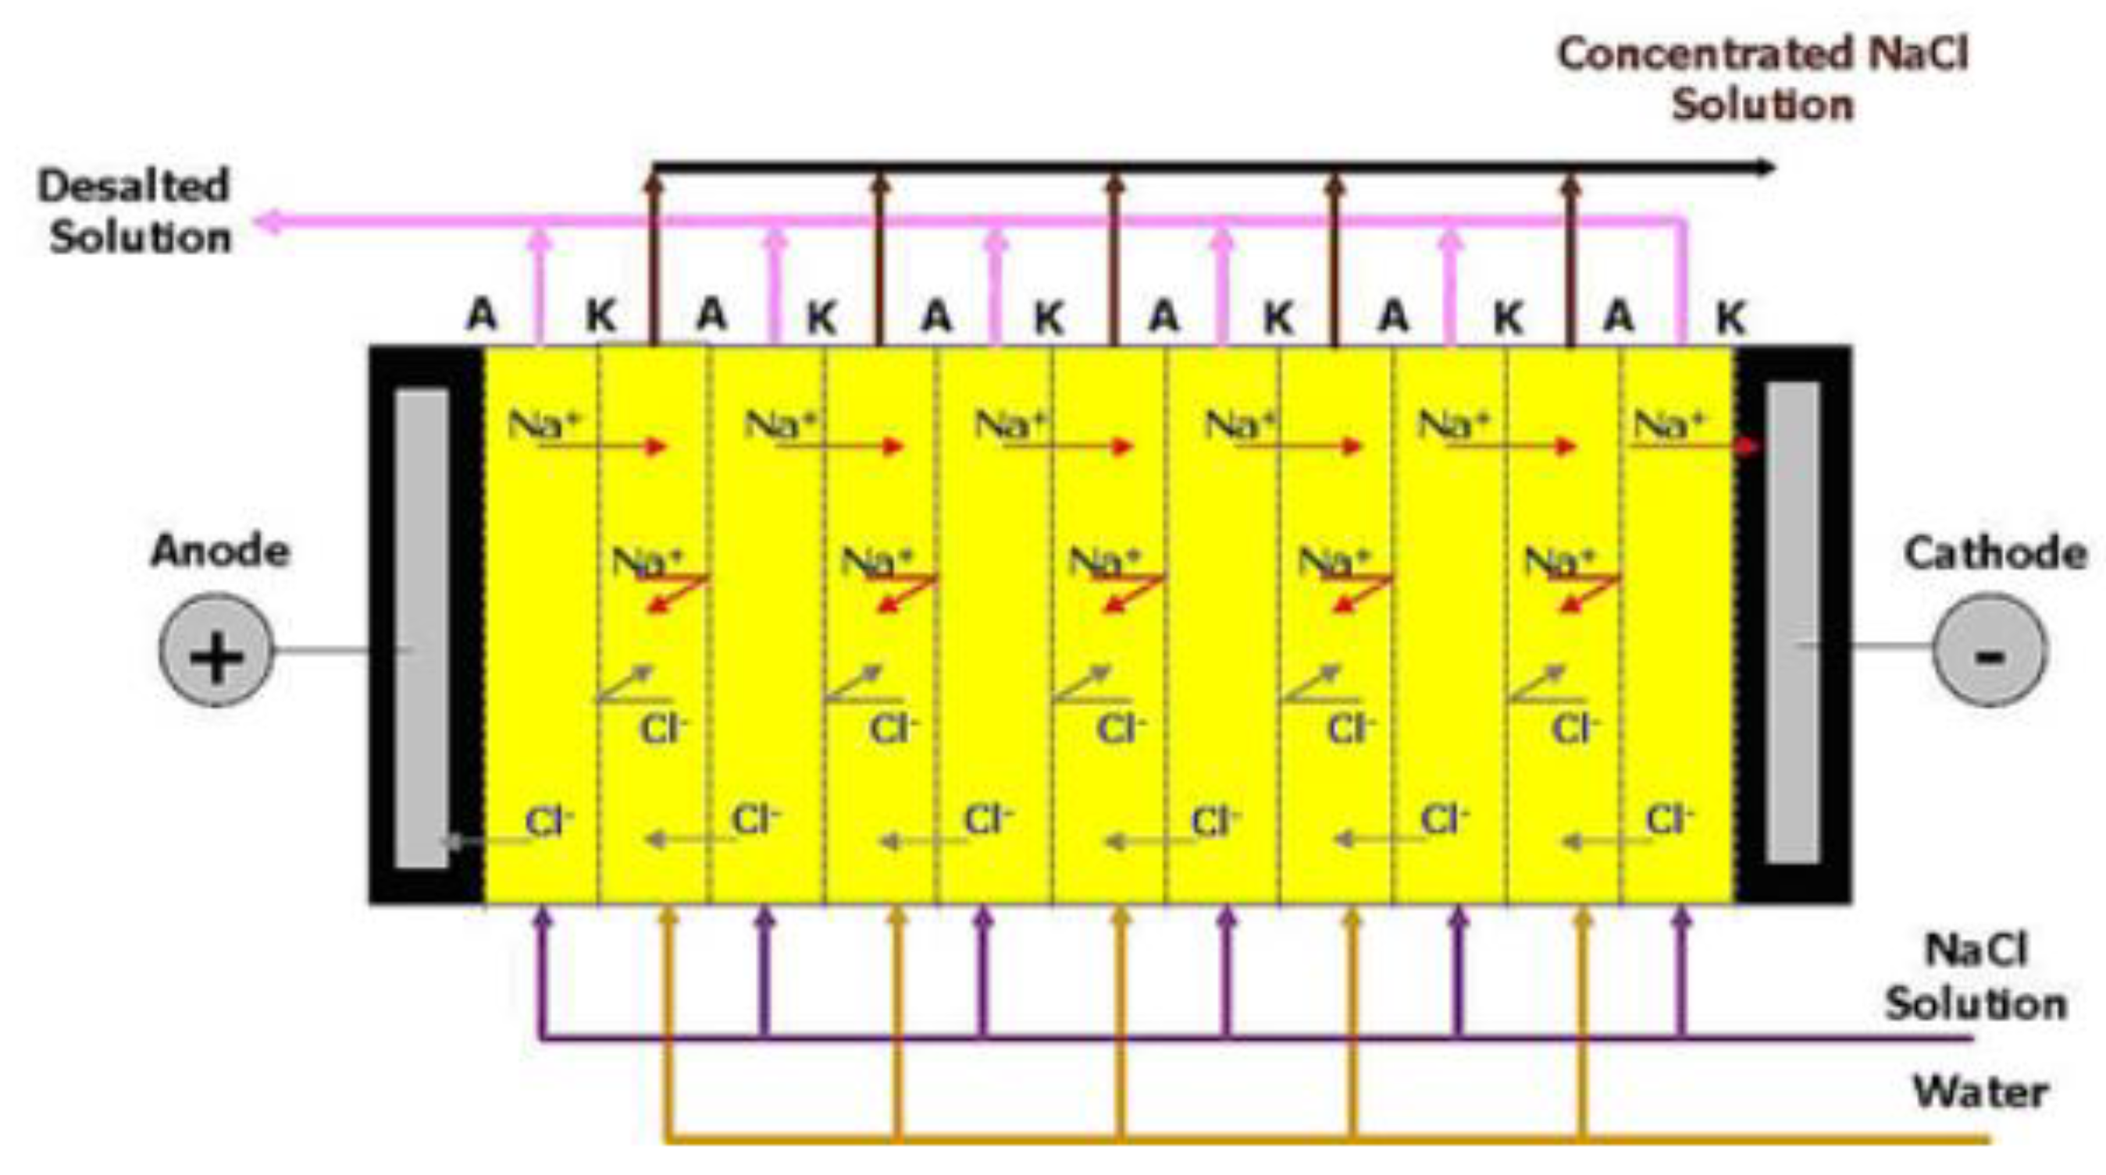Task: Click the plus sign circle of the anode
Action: tap(216, 651)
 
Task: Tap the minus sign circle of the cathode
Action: tap(1989, 651)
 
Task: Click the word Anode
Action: tap(220, 551)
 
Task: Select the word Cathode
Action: tap(1995, 553)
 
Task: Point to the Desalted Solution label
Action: tap(136, 211)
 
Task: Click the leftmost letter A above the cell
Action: tap(482, 314)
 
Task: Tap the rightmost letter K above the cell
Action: tap(1730, 317)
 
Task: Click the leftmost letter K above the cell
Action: tap(601, 315)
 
